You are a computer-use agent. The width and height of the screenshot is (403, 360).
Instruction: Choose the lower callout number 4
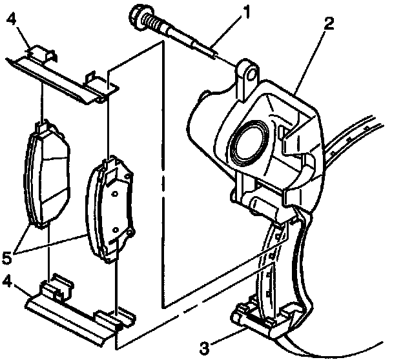pos(8,281)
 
